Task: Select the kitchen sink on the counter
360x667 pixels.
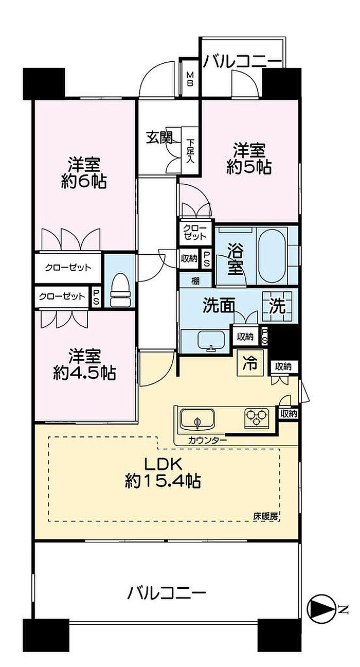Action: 197,419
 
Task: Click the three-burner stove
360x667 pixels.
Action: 257,418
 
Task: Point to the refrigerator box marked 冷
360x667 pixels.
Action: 250,363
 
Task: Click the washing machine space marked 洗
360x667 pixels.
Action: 277,306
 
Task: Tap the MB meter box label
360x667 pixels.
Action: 190,78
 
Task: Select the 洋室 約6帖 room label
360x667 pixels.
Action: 84,172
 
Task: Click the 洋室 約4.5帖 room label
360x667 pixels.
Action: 84,364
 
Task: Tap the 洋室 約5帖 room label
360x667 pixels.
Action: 249,159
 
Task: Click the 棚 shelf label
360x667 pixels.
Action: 195,280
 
